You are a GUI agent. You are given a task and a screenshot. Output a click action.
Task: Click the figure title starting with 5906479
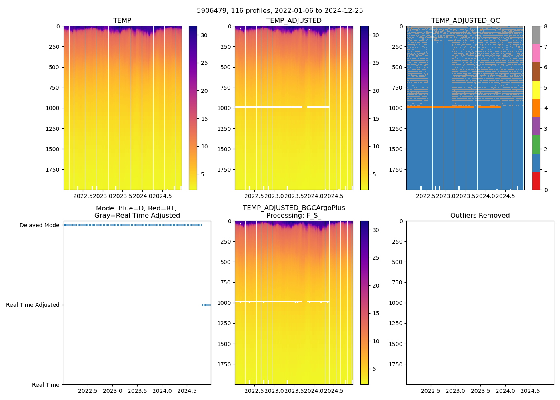pos(280,11)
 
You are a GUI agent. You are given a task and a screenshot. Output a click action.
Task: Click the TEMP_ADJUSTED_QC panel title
pos(465,21)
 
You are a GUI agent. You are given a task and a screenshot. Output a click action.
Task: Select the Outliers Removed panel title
pos(480,216)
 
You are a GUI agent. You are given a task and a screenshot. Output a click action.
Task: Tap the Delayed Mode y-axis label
pos(39,226)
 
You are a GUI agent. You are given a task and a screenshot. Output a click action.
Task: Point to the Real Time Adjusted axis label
pos(32,305)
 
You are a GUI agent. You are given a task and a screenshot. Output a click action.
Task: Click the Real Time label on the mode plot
pos(46,385)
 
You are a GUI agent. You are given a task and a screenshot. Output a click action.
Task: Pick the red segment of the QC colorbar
pos(536,181)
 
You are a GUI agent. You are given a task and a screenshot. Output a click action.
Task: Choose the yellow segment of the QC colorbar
pos(536,90)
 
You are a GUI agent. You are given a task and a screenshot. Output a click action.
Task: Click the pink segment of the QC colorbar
pos(536,54)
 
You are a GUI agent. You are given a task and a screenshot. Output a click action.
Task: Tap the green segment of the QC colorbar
pos(536,144)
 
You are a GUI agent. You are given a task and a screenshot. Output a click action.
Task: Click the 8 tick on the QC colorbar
pos(546,27)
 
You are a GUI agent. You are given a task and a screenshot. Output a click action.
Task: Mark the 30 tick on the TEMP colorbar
pos(204,35)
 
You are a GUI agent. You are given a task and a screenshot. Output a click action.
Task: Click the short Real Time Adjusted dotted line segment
pos(206,305)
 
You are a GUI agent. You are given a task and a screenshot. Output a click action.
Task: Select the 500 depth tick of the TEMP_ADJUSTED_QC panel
pos(398,67)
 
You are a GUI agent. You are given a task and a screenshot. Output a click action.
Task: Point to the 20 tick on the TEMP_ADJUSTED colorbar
pos(376,91)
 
